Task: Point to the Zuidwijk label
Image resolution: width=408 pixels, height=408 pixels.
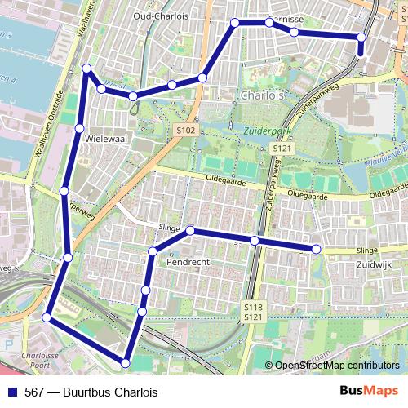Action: click(x=375, y=265)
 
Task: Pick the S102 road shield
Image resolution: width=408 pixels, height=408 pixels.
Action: click(x=186, y=130)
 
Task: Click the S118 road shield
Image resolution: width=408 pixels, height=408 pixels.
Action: click(x=253, y=306)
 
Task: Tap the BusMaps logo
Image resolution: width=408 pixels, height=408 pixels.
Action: click(x=370, y=391)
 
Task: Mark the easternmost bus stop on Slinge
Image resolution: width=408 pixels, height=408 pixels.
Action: click(x=317, y=248)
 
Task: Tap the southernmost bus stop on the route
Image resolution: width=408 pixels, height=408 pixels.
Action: click(x=126, y=361)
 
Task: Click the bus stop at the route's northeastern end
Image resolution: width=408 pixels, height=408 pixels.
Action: click(x=361, y=37)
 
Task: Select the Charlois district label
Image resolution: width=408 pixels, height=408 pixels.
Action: click(x=262, y=95)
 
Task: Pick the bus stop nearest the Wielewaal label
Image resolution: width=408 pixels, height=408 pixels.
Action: click(x=79, y=128)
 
